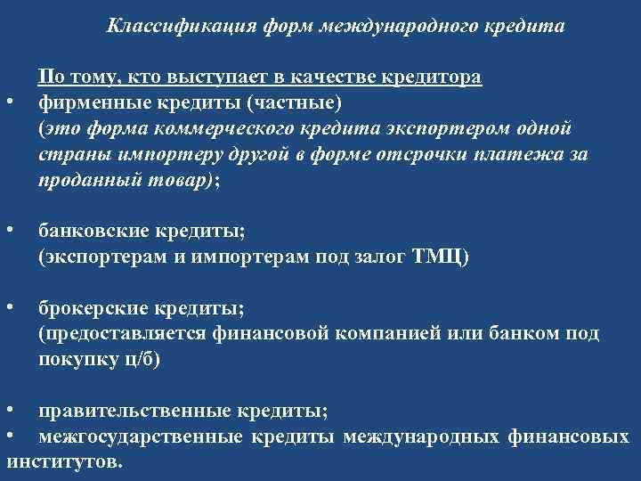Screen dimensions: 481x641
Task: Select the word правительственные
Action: [134, 412]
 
